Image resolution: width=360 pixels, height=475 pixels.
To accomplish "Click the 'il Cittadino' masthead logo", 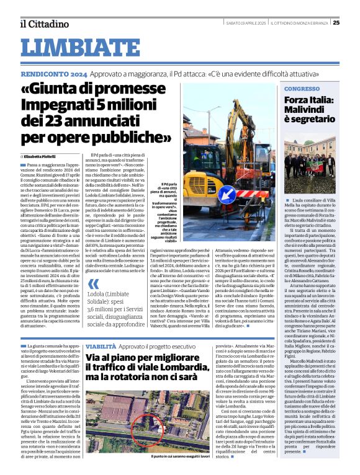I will coord(44,24).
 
